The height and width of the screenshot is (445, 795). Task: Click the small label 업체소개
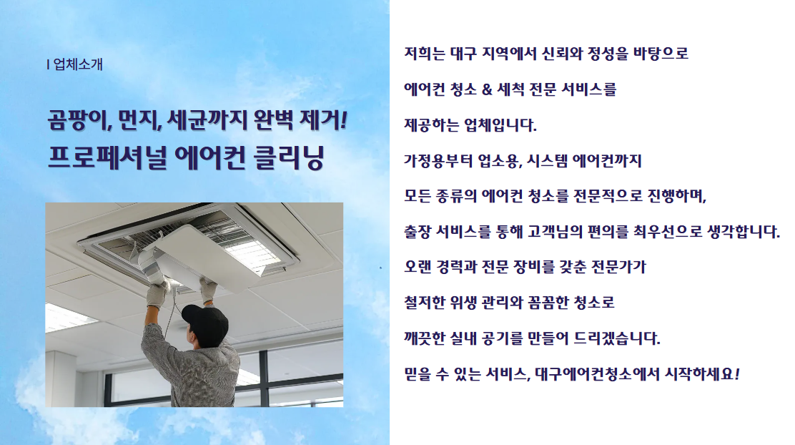(x=78, y=64)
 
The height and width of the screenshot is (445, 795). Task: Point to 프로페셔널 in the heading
(x=107, y=157)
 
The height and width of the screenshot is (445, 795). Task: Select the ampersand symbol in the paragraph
(x=487, y=89)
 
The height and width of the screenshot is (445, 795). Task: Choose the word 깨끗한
(x=425, y=338)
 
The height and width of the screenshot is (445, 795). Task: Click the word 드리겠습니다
(x=616, y=338)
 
